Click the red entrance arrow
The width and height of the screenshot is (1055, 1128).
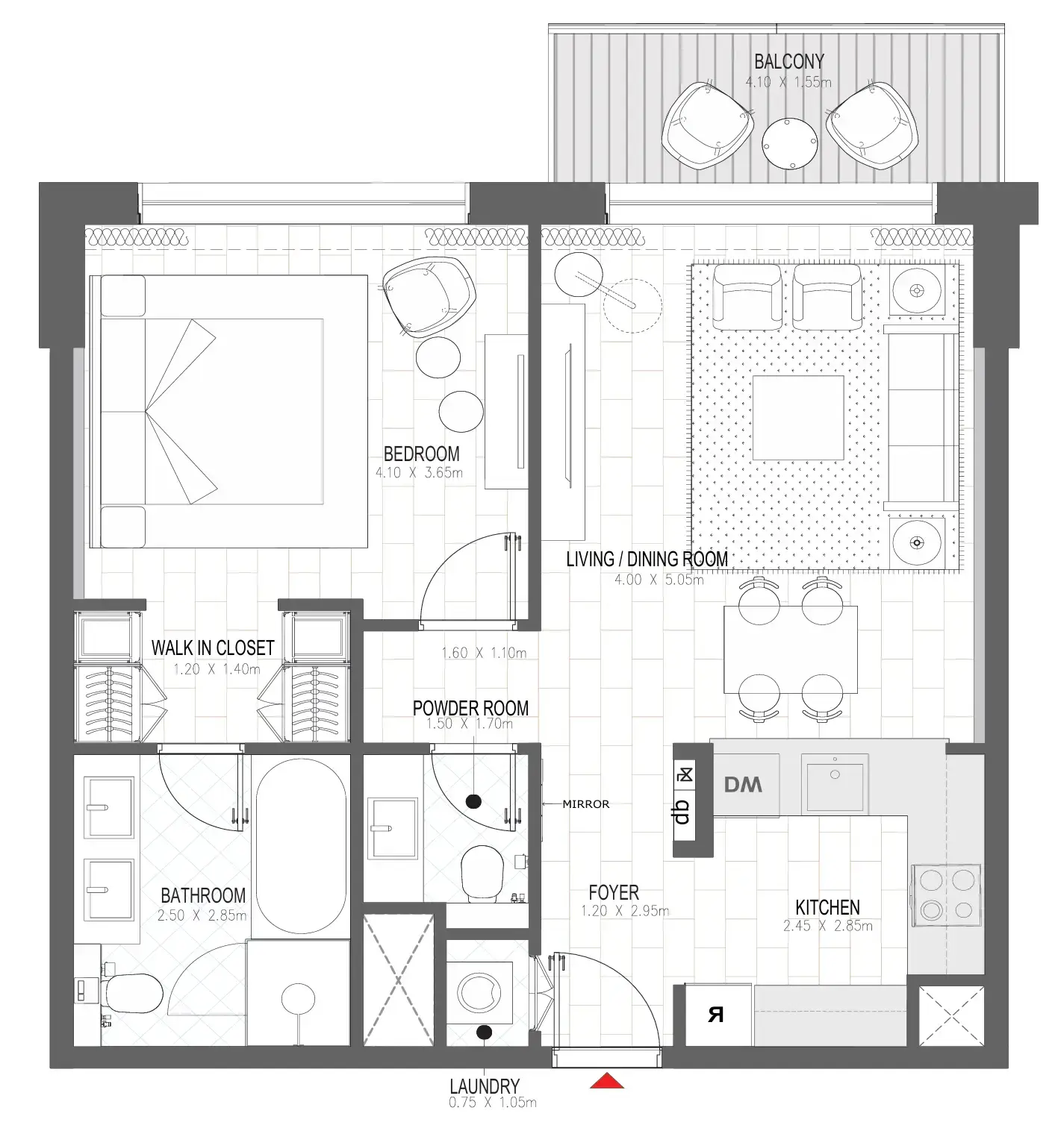pos(606,1081)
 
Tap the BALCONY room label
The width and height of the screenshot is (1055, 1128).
pos(788,62)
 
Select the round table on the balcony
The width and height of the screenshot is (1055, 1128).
pos(788,143)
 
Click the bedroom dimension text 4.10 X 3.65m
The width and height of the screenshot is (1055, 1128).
pos(419,472)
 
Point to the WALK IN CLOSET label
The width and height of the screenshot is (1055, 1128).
pos(213,648)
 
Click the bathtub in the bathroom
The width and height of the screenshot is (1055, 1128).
pos(301,847)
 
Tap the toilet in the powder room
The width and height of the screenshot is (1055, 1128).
pos(482,873)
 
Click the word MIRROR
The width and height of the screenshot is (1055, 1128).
pos(585,804)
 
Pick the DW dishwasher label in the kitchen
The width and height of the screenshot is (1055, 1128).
pos(744,785)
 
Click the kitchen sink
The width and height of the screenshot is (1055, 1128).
pos(835,783)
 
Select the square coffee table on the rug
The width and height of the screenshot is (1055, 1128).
pos(798,418)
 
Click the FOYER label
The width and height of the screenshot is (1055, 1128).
pos(614,892)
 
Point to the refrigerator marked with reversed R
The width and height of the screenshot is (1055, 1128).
pos(717,1015)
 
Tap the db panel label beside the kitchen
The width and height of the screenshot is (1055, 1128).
pos(682,811)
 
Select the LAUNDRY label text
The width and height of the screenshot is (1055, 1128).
pos(484,1086)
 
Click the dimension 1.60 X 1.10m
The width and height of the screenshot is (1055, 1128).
pos(484,654)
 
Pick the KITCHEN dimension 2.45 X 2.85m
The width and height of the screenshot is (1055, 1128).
pos(827,927)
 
